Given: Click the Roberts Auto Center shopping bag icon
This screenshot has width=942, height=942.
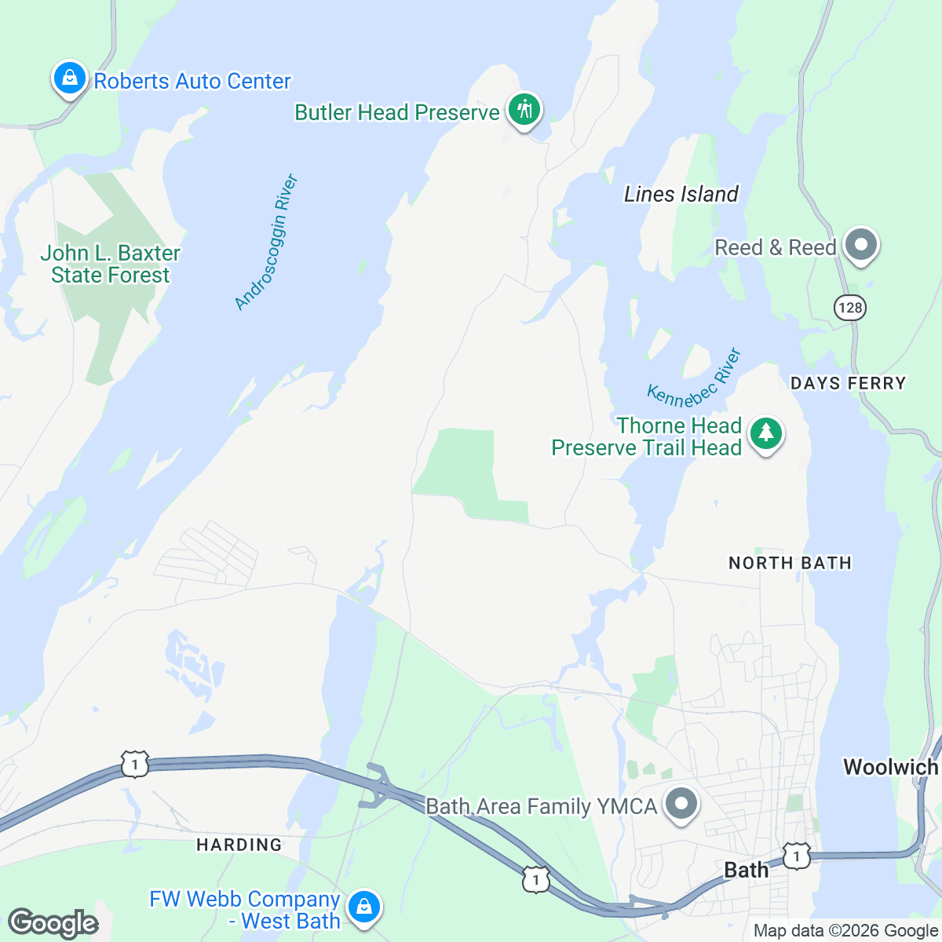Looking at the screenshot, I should coord(70,78).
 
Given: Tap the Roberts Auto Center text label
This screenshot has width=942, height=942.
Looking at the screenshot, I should coord(192,82).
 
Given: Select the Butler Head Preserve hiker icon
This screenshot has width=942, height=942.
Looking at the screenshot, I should coord(524,110).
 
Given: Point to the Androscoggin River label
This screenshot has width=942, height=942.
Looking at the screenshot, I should coord(267,242).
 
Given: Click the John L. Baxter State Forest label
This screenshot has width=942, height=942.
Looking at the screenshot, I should coord(110,264).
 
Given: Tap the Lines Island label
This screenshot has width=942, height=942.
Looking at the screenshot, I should coord(681,194).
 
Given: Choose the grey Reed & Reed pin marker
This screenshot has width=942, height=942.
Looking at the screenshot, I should coord(861,245).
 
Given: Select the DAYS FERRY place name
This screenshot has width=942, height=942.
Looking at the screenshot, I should coord(848,383).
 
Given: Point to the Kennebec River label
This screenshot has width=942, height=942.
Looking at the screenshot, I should coord(695,378).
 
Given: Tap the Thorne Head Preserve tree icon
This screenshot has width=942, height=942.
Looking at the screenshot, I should coord(765,433).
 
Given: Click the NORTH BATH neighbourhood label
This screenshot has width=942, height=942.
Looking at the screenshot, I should coord(790,563).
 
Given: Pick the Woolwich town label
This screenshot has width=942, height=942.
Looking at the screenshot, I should coord(890,767).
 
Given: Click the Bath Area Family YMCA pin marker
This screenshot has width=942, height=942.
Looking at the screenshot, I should coord(681,805).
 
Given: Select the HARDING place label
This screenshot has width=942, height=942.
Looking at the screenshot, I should coord(239,845).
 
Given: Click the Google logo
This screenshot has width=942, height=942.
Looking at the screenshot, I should coord(53,923).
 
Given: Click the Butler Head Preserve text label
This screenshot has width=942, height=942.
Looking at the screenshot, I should coord(396,113).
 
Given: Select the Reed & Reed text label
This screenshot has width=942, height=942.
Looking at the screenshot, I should coord(775,248).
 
